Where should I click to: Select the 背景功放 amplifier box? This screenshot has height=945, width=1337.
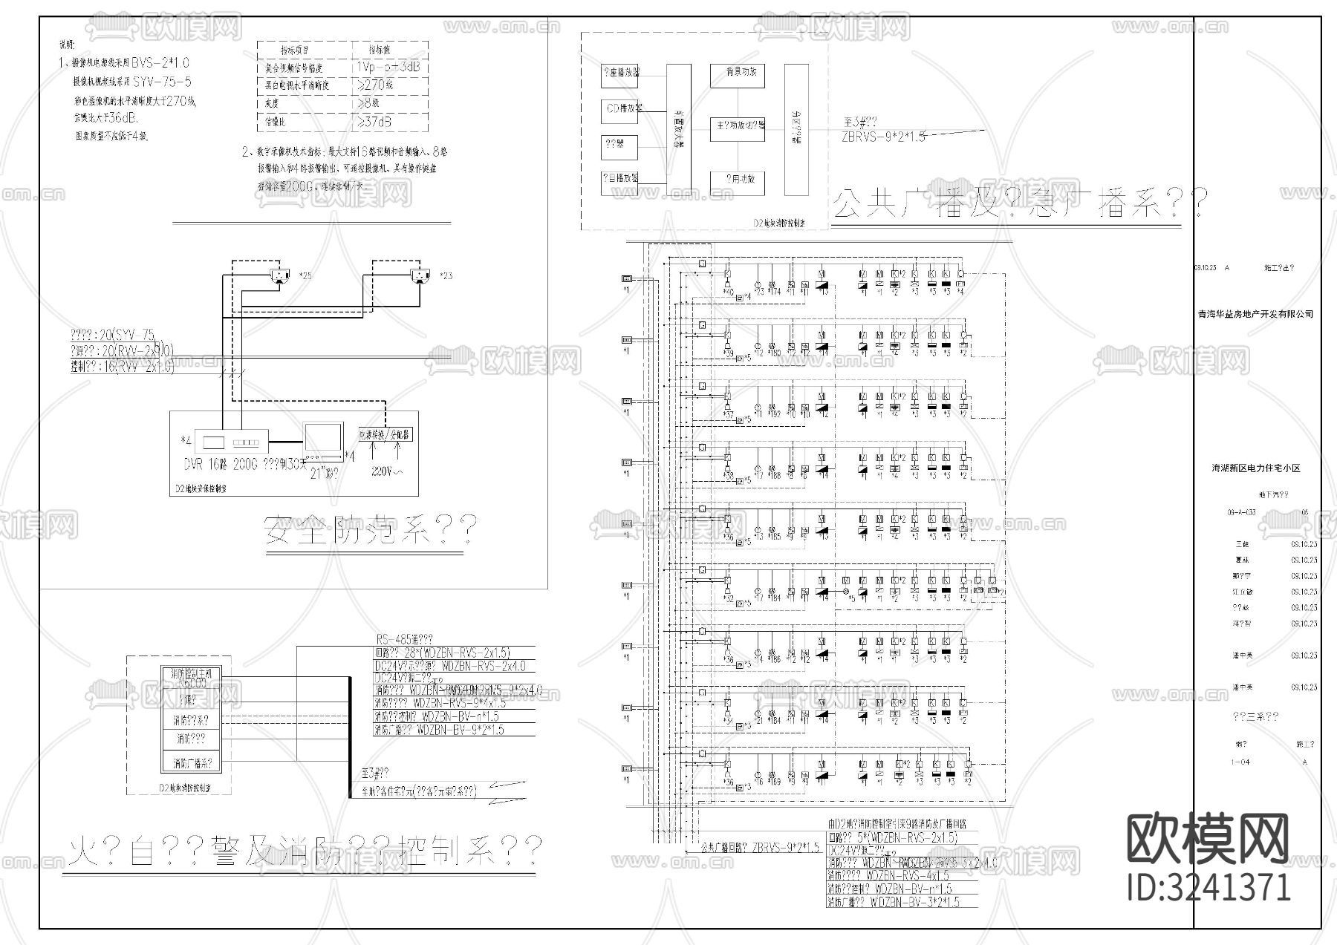pyautogui.click(x=737, y=75)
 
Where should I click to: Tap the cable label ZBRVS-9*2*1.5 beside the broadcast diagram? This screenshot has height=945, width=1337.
pyautogui.click(x=884, y=137)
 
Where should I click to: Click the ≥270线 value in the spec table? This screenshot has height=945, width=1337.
pyautogui.click(x=375, y=85)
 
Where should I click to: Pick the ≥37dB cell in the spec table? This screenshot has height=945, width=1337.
pyautogui.click(x=375, y=121)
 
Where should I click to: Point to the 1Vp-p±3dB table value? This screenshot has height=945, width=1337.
pyautogui.click(x=388, y=67)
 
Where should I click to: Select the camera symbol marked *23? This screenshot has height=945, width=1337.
pyautogui.click(x=420, y=277)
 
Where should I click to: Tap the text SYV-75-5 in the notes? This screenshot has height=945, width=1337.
pyautogui.click(x=162, y=82)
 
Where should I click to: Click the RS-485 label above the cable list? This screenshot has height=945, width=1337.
pyautogui.click(x=404, y=639)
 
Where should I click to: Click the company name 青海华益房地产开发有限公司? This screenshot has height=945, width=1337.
pyautogui.click(x=1255, y=314)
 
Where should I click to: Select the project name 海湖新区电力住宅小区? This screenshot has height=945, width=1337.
pyautogui.click(x=1256, y=468)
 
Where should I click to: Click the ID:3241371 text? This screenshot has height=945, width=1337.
pyautogui.click(x=1208, y=887)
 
